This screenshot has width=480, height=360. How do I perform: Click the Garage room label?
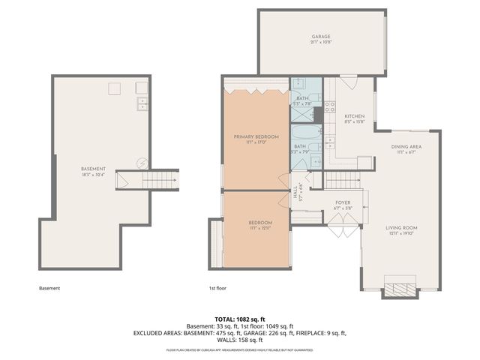tap(321, 37)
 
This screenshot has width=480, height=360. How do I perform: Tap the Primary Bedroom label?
tap(256, 136)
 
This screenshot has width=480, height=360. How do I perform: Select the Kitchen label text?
tap(355, 116)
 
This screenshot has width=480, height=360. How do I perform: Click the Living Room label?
tap(401, 228)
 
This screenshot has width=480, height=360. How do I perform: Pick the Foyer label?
tap(343, 202)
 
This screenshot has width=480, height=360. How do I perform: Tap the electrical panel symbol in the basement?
tap(140, 163)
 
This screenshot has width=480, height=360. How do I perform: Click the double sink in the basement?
tap(142, 105)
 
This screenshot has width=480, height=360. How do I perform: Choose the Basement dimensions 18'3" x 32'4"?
tap(94, 175)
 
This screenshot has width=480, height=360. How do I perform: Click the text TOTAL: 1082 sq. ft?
tap(240, 319)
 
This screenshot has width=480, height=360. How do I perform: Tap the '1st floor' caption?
tap(217, 288)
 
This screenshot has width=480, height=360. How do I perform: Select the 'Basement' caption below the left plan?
tap(49, 288)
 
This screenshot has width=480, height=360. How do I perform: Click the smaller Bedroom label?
tap(260, 223)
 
